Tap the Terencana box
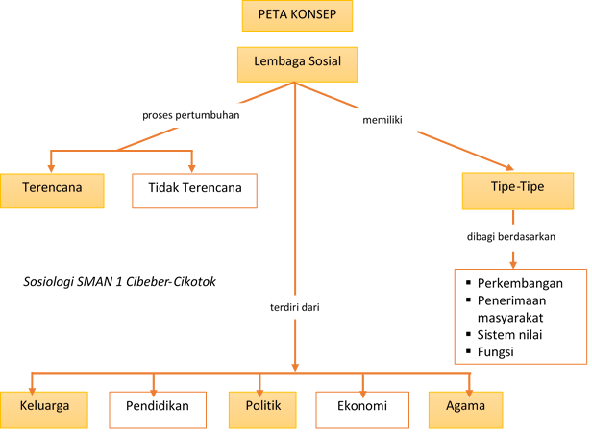[x=52, y=188]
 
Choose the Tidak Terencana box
[x=195, y=189]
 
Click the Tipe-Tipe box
[x=517, y=188]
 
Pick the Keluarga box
[x=44, y=406]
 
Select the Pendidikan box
[x=164, y=407]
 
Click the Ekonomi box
[x=363, y=407]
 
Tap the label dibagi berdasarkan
[x=512, y=236]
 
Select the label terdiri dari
[x=294, y=308]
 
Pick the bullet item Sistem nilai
[x=513, y=336]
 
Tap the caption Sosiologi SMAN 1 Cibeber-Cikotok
[x=119, y=284]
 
